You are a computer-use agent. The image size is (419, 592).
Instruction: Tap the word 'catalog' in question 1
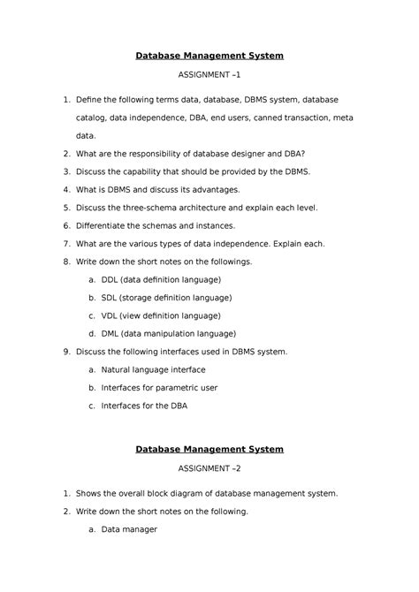point(95,118)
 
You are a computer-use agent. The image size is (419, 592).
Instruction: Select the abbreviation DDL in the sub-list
point(110,279)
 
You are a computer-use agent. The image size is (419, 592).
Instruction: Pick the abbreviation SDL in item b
point(110,298)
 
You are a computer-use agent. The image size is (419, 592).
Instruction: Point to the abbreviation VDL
point(110,315)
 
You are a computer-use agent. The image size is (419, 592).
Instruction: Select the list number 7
point(66,244)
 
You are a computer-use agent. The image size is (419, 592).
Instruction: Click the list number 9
point(66,352)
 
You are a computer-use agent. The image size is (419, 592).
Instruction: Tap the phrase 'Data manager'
point(129,529)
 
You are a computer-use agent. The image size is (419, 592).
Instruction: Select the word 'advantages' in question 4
point(217,190)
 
